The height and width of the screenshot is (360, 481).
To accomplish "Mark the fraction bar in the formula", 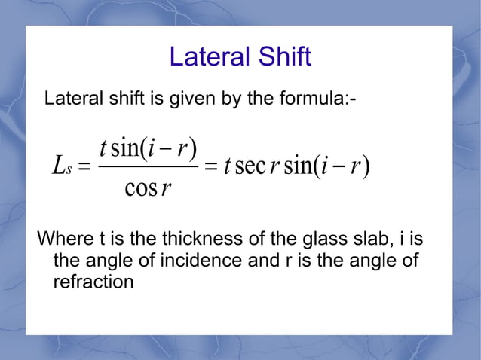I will coord(148,167).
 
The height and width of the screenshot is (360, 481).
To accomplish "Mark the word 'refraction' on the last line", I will coord(93,282).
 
